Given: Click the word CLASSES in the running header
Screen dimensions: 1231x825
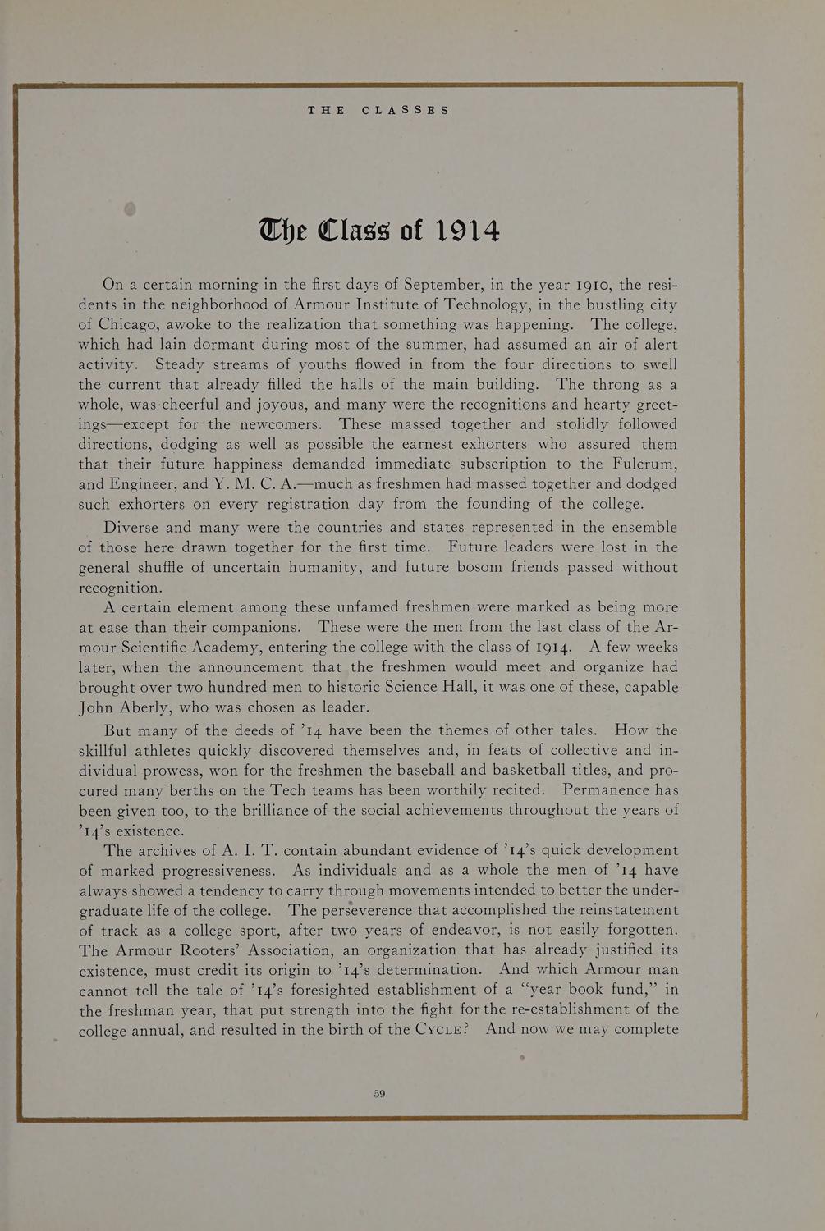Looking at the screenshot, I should [406, 110].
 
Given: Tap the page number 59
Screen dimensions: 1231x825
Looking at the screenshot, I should [379, 1093].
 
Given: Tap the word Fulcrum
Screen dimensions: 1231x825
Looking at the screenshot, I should [642, 464].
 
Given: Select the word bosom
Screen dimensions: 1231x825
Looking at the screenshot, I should [456, 567].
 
